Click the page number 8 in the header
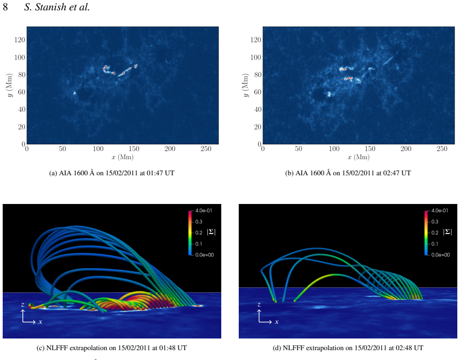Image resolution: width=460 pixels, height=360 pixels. [5, 7]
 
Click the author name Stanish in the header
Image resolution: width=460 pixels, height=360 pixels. [52, 7]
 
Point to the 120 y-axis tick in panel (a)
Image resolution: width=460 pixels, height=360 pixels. [20, 39]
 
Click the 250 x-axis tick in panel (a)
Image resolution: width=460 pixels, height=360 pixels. [206, 149]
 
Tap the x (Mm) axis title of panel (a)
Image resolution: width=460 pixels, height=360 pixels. [123, 157]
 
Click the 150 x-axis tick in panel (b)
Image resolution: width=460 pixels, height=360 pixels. [370, 149]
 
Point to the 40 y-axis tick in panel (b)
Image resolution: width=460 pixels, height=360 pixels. [258, 109]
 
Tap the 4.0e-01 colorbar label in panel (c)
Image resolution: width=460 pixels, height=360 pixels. [204, 211]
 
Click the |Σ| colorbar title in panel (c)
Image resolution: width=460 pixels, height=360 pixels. [211, 232]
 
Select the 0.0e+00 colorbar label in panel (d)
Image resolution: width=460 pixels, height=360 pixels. [440, 255]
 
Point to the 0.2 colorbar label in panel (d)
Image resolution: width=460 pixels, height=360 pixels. [435, 233]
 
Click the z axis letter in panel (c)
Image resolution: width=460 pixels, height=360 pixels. [22, 305]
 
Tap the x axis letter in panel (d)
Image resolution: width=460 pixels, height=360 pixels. [276, 322]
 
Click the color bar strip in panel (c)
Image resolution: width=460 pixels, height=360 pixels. [190, 233]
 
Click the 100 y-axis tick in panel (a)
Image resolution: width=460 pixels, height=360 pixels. [20, 57]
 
